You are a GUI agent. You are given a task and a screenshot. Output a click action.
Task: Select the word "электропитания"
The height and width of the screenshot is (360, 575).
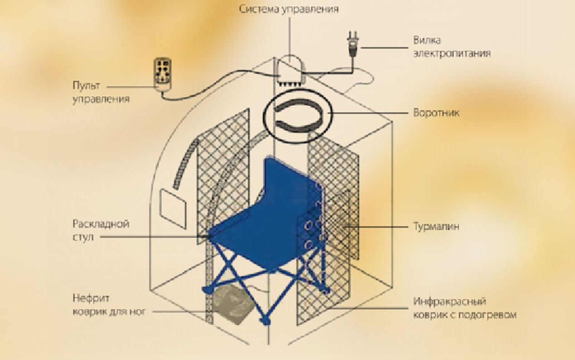pos(451,53)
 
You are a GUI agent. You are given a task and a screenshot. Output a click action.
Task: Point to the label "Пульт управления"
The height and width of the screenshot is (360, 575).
pos(101,92)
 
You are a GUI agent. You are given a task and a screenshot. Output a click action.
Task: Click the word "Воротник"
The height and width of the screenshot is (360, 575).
pos(436,113)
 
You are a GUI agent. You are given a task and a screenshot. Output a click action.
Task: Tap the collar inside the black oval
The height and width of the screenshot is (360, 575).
pos(299,117)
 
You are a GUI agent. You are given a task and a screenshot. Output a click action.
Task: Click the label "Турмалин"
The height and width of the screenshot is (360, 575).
pos(436,226)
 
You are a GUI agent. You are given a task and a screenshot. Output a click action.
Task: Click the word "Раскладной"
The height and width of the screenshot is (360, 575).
pos(101,224)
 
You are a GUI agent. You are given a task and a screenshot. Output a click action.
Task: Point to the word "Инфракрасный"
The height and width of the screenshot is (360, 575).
pos(449,301)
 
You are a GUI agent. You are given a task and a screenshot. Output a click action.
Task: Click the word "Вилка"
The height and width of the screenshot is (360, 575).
pos(426,40)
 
